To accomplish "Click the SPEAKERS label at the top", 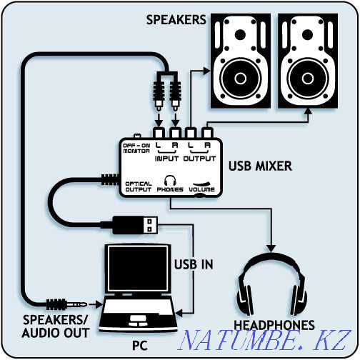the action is click(x=176, y=20).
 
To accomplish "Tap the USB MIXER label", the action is click(x=260, y=166).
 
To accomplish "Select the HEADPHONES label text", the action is click(x=274, y=325).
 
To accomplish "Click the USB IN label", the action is click(x=194, y=264).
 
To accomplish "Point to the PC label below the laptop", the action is click(x=140, y=346).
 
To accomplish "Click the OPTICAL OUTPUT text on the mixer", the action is click(x=139, y=186).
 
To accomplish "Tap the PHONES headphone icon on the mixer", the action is click(x=170, y=181).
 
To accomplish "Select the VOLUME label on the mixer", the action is click(x=201, y=189).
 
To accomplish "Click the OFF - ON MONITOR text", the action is click(x=136, y=148).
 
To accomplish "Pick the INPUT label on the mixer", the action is click(x=166, y=159).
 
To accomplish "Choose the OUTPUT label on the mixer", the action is click(x=199, y=159).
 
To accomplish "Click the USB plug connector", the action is click(x=135, y=225).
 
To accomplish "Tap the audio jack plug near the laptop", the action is click(x=66, y=304).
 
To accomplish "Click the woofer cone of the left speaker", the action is click(x=240, y=78).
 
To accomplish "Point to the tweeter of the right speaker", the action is click(x=307, y=34).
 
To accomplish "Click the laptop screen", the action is click(x=138, y=269).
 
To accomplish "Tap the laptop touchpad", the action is click(x=137, y=319).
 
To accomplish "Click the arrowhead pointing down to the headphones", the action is click(x=271, y=248).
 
